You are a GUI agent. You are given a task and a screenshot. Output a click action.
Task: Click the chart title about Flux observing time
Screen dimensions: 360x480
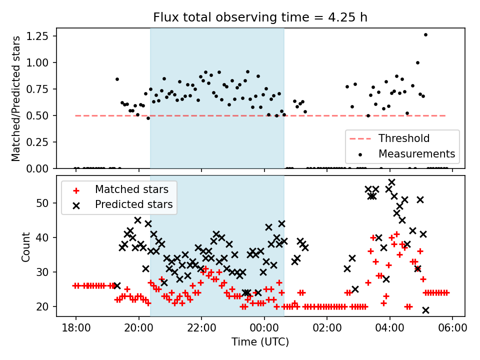260,18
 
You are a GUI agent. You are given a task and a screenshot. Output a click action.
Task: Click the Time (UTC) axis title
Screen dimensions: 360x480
260,342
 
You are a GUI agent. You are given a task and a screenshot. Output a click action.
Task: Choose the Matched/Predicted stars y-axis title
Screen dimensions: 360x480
16,98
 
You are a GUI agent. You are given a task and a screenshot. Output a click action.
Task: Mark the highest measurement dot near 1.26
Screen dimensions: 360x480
425,34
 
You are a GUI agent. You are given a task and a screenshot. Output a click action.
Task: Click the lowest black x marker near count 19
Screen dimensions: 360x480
425,310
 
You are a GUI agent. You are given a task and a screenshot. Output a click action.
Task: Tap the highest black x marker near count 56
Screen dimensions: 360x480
392,182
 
